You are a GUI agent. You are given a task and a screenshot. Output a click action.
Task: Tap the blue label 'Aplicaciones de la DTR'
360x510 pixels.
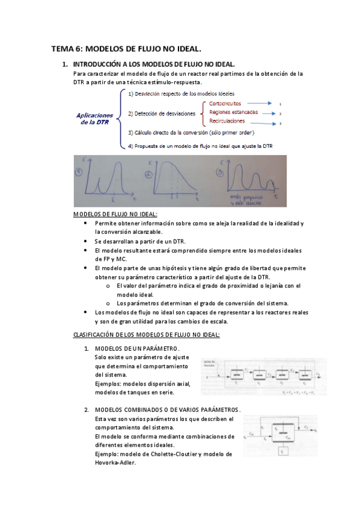[x=95, y=118]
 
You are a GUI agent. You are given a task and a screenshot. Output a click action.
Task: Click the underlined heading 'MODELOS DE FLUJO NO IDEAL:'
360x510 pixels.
[x=115, y=214]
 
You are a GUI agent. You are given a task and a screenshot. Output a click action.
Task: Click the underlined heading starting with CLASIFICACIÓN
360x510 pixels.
[x=146, y=334]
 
